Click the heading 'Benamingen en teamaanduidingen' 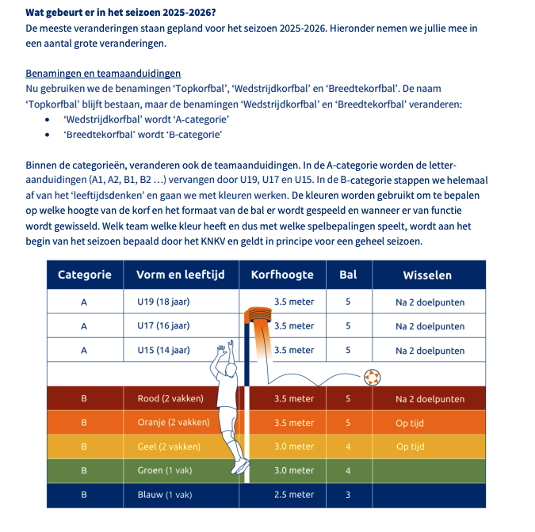(x=103, y=73)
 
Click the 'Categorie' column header (x=84, y=275)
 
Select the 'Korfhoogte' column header (x=282, y=275)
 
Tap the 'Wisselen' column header (x=427, y=275)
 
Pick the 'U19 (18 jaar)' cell (x=163, y=302)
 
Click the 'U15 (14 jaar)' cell (x=163, y=350)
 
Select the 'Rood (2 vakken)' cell (x=170, y=398)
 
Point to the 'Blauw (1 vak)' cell (x=165, y=495)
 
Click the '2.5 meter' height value (x=293, y=495)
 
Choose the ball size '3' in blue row (x=347, y=495)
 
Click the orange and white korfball (x=373, y=377)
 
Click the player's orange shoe (x=240, y=469)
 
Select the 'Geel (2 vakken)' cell (x=169, y=446)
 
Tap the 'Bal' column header (x=347, y=275)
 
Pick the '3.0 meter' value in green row (x=293, y=471)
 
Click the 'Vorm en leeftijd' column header (x=181, y=275)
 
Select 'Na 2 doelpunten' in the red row (x=430, y=398)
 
